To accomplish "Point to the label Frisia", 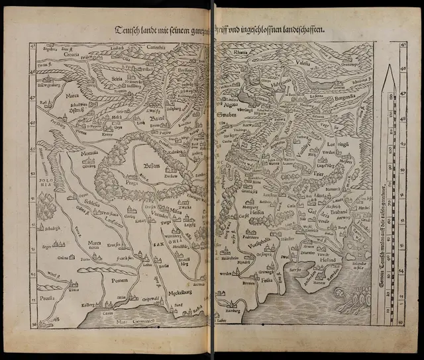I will point(264,280).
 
